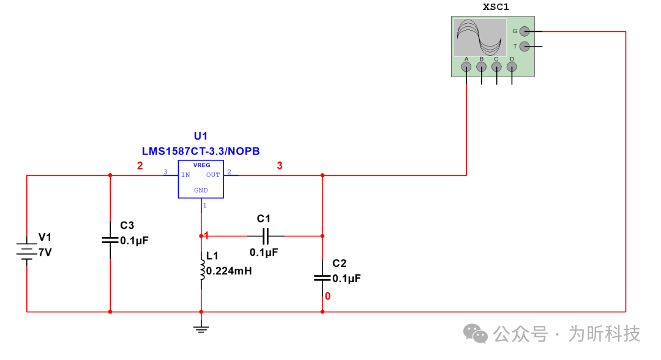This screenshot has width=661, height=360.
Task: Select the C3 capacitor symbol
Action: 110,239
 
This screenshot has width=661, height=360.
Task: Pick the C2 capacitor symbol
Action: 323,277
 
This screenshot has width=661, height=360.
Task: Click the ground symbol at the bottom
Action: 201,329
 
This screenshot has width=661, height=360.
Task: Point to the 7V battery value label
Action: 45,252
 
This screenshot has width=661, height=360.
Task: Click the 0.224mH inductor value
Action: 230,271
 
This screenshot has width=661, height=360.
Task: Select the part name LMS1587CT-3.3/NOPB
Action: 201,151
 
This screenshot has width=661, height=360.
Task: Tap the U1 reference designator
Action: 201,136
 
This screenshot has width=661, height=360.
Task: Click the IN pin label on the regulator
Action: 185,175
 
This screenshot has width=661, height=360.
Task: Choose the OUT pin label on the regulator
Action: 212,175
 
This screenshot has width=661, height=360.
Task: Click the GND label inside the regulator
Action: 201,190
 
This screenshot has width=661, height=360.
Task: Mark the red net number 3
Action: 280,165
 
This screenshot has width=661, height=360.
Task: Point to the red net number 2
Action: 140,165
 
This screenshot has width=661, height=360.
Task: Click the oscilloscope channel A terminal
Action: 467,67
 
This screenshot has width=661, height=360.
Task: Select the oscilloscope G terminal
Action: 525,31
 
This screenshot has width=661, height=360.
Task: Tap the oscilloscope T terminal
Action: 525,47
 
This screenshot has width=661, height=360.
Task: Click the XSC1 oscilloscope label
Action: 496,7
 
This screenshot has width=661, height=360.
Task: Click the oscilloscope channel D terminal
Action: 512,67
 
